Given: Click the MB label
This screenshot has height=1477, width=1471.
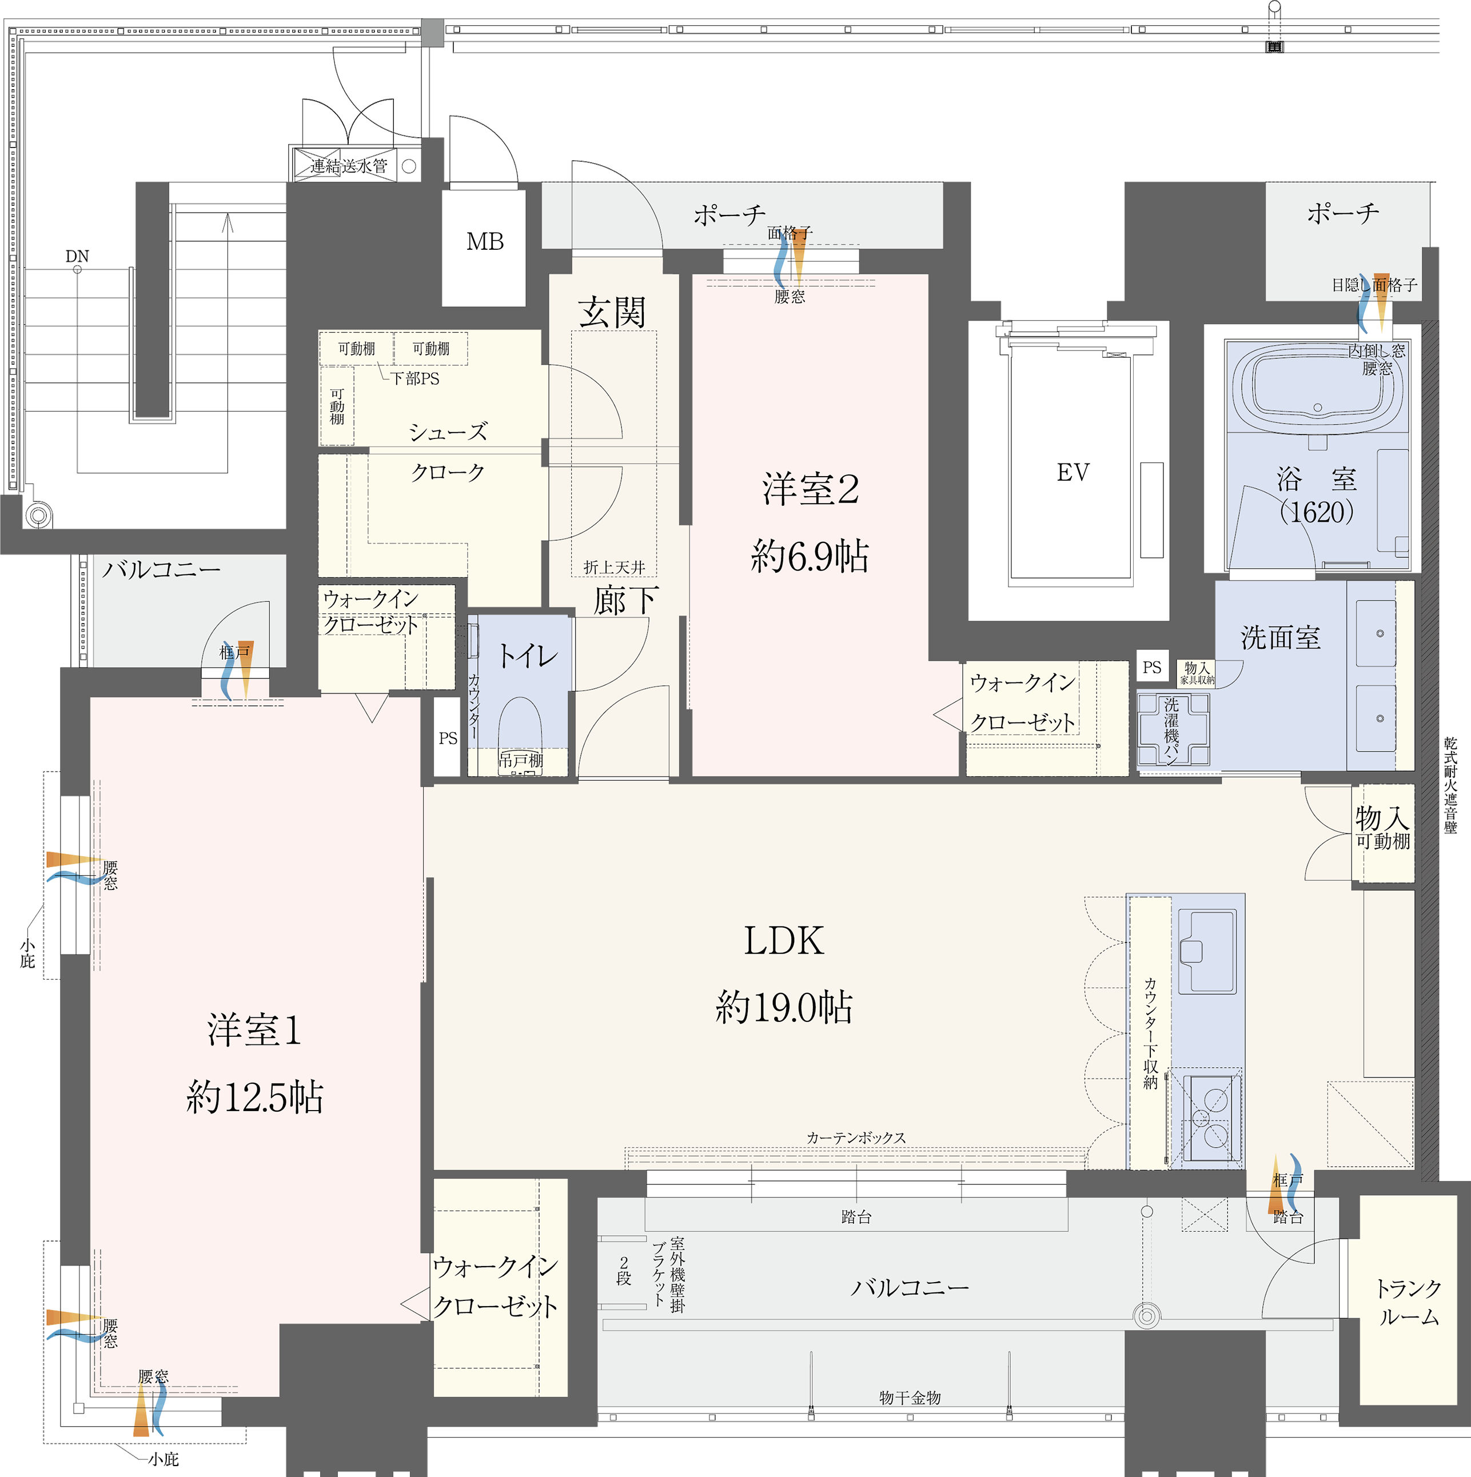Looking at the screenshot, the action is pyautogui.click(x=485, y=242).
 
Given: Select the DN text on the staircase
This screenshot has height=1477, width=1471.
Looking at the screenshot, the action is pyautogui.click(x=77, y=256).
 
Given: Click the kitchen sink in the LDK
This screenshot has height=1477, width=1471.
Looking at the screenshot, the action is pyautogui.click(x=1207, y=950).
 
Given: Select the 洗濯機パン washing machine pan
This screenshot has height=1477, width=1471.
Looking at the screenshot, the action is pyautogui.click(x=1173, y=729).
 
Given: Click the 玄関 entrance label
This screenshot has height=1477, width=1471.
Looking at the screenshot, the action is pyautogui.click(x=612, y=313).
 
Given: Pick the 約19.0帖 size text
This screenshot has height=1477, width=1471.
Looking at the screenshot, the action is pyautogui.click(x=784, y=1007).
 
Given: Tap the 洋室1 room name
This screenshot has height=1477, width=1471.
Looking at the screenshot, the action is pyautogui.click(x=254, y=1030).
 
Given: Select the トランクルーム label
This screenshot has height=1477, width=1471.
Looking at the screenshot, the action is pyautogui.click(x=1408, y=1303).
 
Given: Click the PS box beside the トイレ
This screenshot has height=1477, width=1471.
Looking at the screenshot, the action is pyautogui.click(x=447, y=738).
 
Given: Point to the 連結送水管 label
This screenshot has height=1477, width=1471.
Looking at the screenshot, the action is pyautogui.click(x=349, y=166).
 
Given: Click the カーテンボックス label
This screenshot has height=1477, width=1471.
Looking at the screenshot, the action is pyautogui.click(x=856, y=1137).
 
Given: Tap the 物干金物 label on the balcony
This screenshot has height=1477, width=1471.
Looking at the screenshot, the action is pyautogui.click(x=910, y=1398).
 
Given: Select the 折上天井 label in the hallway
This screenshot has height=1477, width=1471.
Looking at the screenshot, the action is pyautogui.click(x=614, y=567).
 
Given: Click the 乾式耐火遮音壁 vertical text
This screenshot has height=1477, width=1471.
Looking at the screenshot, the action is pyautogui.click(x=1450, y=785).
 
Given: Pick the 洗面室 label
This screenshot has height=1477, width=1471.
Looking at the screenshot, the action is pyautogui.click(x=1281, y=637).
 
